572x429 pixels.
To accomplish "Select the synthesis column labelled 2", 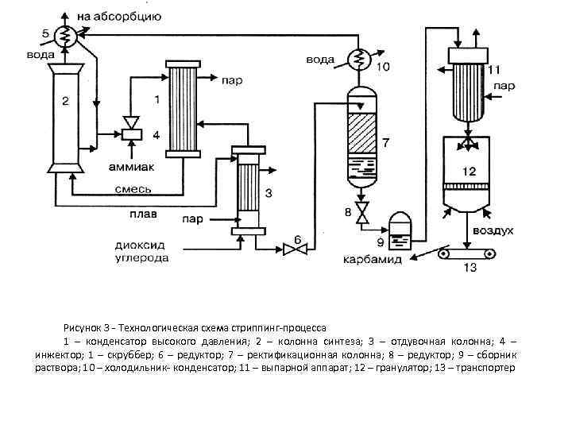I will coord(66,115).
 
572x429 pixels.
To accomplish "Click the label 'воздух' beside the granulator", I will coord(493,230).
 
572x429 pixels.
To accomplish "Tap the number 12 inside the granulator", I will coord(470,171).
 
